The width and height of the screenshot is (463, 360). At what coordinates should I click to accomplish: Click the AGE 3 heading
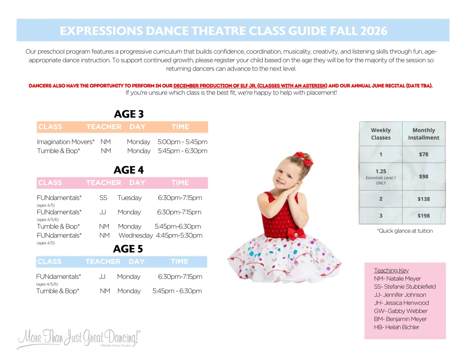coord(129,114)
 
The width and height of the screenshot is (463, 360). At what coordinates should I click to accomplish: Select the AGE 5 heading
coord(128,249)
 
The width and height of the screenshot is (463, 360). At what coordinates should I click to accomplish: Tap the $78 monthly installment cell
coord(423,154)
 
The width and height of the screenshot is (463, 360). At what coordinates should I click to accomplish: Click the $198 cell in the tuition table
coord(423,216)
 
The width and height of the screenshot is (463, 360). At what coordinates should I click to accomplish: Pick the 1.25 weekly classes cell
coord(380,177)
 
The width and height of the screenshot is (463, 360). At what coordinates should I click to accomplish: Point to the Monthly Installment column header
coord(423,134)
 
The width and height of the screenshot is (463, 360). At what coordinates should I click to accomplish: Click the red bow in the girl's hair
coord(304,158)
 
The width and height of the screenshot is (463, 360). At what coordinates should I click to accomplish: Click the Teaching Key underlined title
coord(391,270)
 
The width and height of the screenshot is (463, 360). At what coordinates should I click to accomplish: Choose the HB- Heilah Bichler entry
coord(396,327)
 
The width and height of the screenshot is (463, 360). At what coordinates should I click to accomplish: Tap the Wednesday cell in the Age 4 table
coord(135,235)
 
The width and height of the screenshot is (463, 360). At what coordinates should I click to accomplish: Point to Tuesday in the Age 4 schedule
coord(130,198)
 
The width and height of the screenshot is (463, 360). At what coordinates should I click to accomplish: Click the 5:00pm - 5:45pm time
coord(182,142)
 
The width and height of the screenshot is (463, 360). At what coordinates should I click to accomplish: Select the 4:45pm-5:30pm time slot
coord(179,235)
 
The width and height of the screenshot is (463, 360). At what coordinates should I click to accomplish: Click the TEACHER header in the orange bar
coord(104,127)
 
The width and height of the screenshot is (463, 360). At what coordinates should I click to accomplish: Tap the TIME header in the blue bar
coord(179,261)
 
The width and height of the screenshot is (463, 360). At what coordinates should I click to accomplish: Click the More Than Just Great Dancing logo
coord(79,338)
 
